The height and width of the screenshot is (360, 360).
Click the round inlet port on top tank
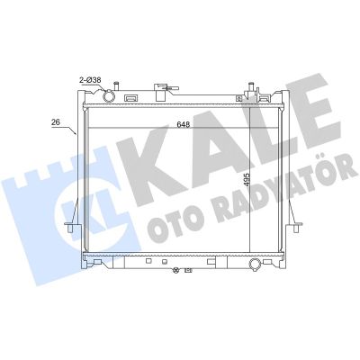coord(110,94)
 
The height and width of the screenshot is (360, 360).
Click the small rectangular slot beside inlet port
coord(131,96)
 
